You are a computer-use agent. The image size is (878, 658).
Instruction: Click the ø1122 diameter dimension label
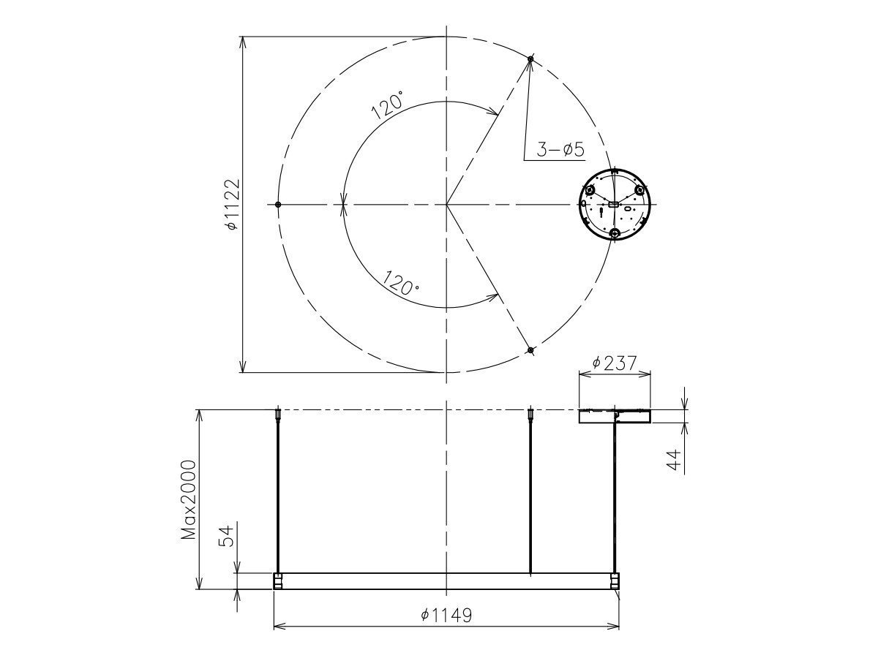[231, 205]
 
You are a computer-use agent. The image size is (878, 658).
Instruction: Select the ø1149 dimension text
[446, 615]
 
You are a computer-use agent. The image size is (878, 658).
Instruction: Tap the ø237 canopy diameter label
[615, 362]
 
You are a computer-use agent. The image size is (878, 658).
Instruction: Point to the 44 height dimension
[675, 459]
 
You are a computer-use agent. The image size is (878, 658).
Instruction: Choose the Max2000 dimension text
[190, 499]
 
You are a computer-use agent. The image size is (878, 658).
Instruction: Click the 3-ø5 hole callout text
[560, 150]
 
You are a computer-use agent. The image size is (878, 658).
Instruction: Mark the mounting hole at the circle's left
[278, 205]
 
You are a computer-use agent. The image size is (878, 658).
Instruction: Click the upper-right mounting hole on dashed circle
[531, 58]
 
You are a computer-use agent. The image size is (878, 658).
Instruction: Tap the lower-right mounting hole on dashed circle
[531, 350]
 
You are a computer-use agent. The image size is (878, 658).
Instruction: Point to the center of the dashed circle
[446, 205]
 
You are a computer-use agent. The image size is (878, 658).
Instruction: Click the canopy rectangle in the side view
[615, 416]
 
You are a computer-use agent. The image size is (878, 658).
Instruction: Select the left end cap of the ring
[278, 581]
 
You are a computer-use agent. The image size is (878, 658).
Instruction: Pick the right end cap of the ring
[615, 581]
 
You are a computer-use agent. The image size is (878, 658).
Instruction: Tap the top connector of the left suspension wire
[278, 415]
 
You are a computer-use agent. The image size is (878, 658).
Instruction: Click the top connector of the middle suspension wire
[530, 415]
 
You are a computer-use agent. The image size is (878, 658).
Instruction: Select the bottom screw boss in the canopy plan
[615, 233]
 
